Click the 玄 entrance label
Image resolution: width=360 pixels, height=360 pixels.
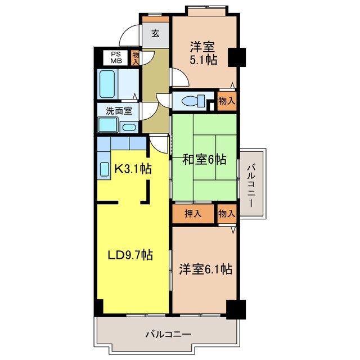[x=155, y=33]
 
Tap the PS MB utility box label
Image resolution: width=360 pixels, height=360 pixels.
[x=116, y=58]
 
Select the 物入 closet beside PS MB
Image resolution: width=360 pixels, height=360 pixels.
[x=136, y=58]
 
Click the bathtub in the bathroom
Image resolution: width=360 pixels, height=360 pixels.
[x=107, y=83]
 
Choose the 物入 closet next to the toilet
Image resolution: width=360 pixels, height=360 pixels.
[x=226, y=101]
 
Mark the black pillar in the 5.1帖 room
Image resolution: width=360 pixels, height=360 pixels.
[x=236, y=57]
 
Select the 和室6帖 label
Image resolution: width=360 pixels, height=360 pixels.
[x=204, y=160]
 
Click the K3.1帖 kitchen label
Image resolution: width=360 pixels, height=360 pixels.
[x=133, y=168]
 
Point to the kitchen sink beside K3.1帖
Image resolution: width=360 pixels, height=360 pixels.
[x=105, y=169]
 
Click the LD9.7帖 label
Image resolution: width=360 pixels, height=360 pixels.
[x=130, y=255]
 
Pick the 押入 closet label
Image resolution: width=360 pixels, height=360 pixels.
[x=193, y=214]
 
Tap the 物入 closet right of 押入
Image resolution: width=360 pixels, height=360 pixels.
[x=226, y=214]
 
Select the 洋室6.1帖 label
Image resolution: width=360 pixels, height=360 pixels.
[x=205, y=269]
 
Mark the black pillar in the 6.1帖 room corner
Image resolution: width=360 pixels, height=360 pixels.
[x=236, y=308]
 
